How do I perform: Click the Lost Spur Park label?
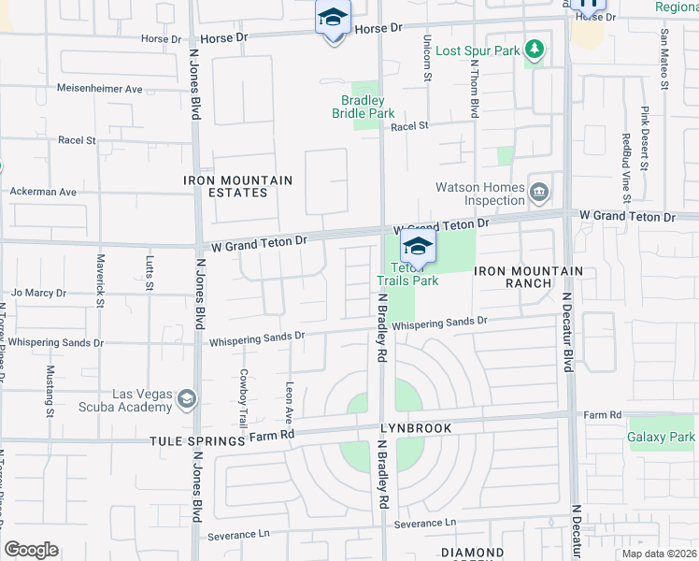pos(477,50)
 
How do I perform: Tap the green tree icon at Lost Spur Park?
pos(534,48)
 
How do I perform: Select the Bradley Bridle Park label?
pos(364,107)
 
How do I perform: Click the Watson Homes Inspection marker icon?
pos(538,193)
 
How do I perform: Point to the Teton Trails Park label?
pos(407,273)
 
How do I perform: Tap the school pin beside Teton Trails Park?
pos(418,247)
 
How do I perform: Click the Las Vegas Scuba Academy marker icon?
pos(186,400)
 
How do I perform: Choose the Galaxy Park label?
pos(661,437)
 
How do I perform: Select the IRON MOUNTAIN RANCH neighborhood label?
pos(529,277)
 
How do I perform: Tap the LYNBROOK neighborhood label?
pos(415,428)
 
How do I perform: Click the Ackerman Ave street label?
pos(42,192)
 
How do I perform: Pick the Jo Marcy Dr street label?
pos(39,293)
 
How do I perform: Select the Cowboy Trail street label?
pos(243,396)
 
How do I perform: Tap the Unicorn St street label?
pos(427,59)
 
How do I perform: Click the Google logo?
pos(31,550)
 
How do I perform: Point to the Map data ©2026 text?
pos(658,554)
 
